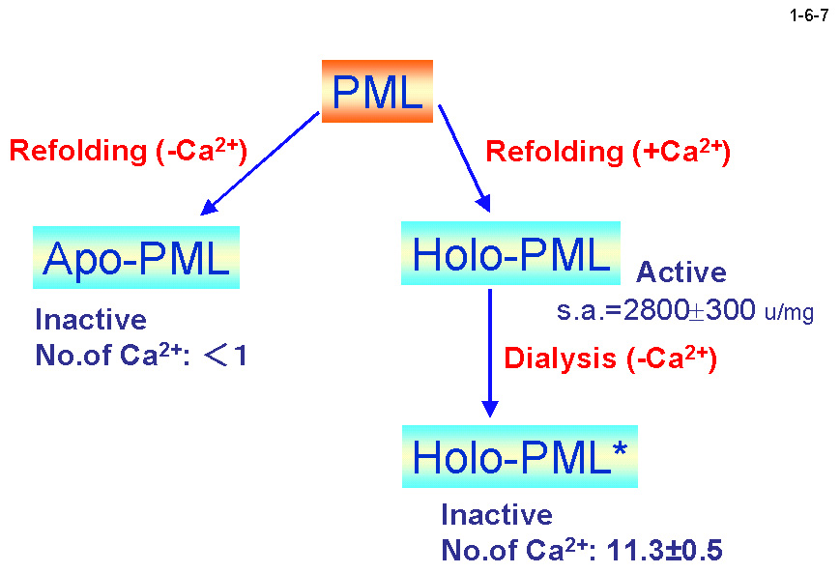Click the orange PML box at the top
tap(376, 92)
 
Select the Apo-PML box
tap(136, 257)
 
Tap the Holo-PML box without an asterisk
tap(511, 254)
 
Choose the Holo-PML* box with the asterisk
tap(520, 456)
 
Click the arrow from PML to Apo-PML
tap(258, 162)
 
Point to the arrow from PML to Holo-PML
tap(464, 158)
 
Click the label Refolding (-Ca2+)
tap(128, 151)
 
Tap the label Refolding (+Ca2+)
tap(607, 152)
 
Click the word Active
tap(681, 272)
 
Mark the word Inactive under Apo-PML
tap(91, 320)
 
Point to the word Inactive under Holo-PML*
tap(497, 514)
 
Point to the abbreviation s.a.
tap(578, 312)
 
